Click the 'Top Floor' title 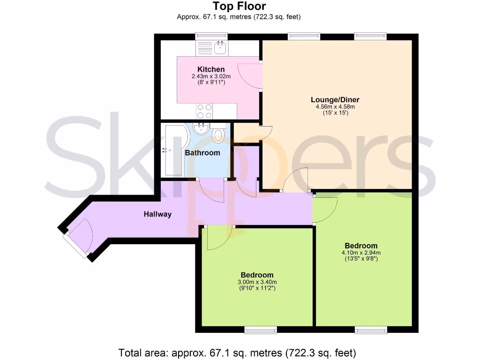click(x=239, y=6)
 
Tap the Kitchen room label click(x=211, y=69)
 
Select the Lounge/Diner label click(x=335, y=99)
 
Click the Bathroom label click(x=202, y=153)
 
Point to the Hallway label click(x=157, y=214)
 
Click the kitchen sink click(x=220, y=47)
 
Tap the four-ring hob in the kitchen click(x=204, y=111)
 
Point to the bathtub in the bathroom click(x=173, y=150)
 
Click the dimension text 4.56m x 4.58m click(x=335, y=107)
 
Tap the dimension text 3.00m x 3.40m click(x=257, y=282)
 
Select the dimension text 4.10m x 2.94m click(x=361, y=253)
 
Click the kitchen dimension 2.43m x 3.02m click(x=211, y=76)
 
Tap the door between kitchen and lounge click(x=251, y=75)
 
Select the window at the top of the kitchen click(x=211, y=35)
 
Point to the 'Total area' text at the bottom click(x=237, y=352)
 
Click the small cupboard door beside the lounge click(x=264, y=133)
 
